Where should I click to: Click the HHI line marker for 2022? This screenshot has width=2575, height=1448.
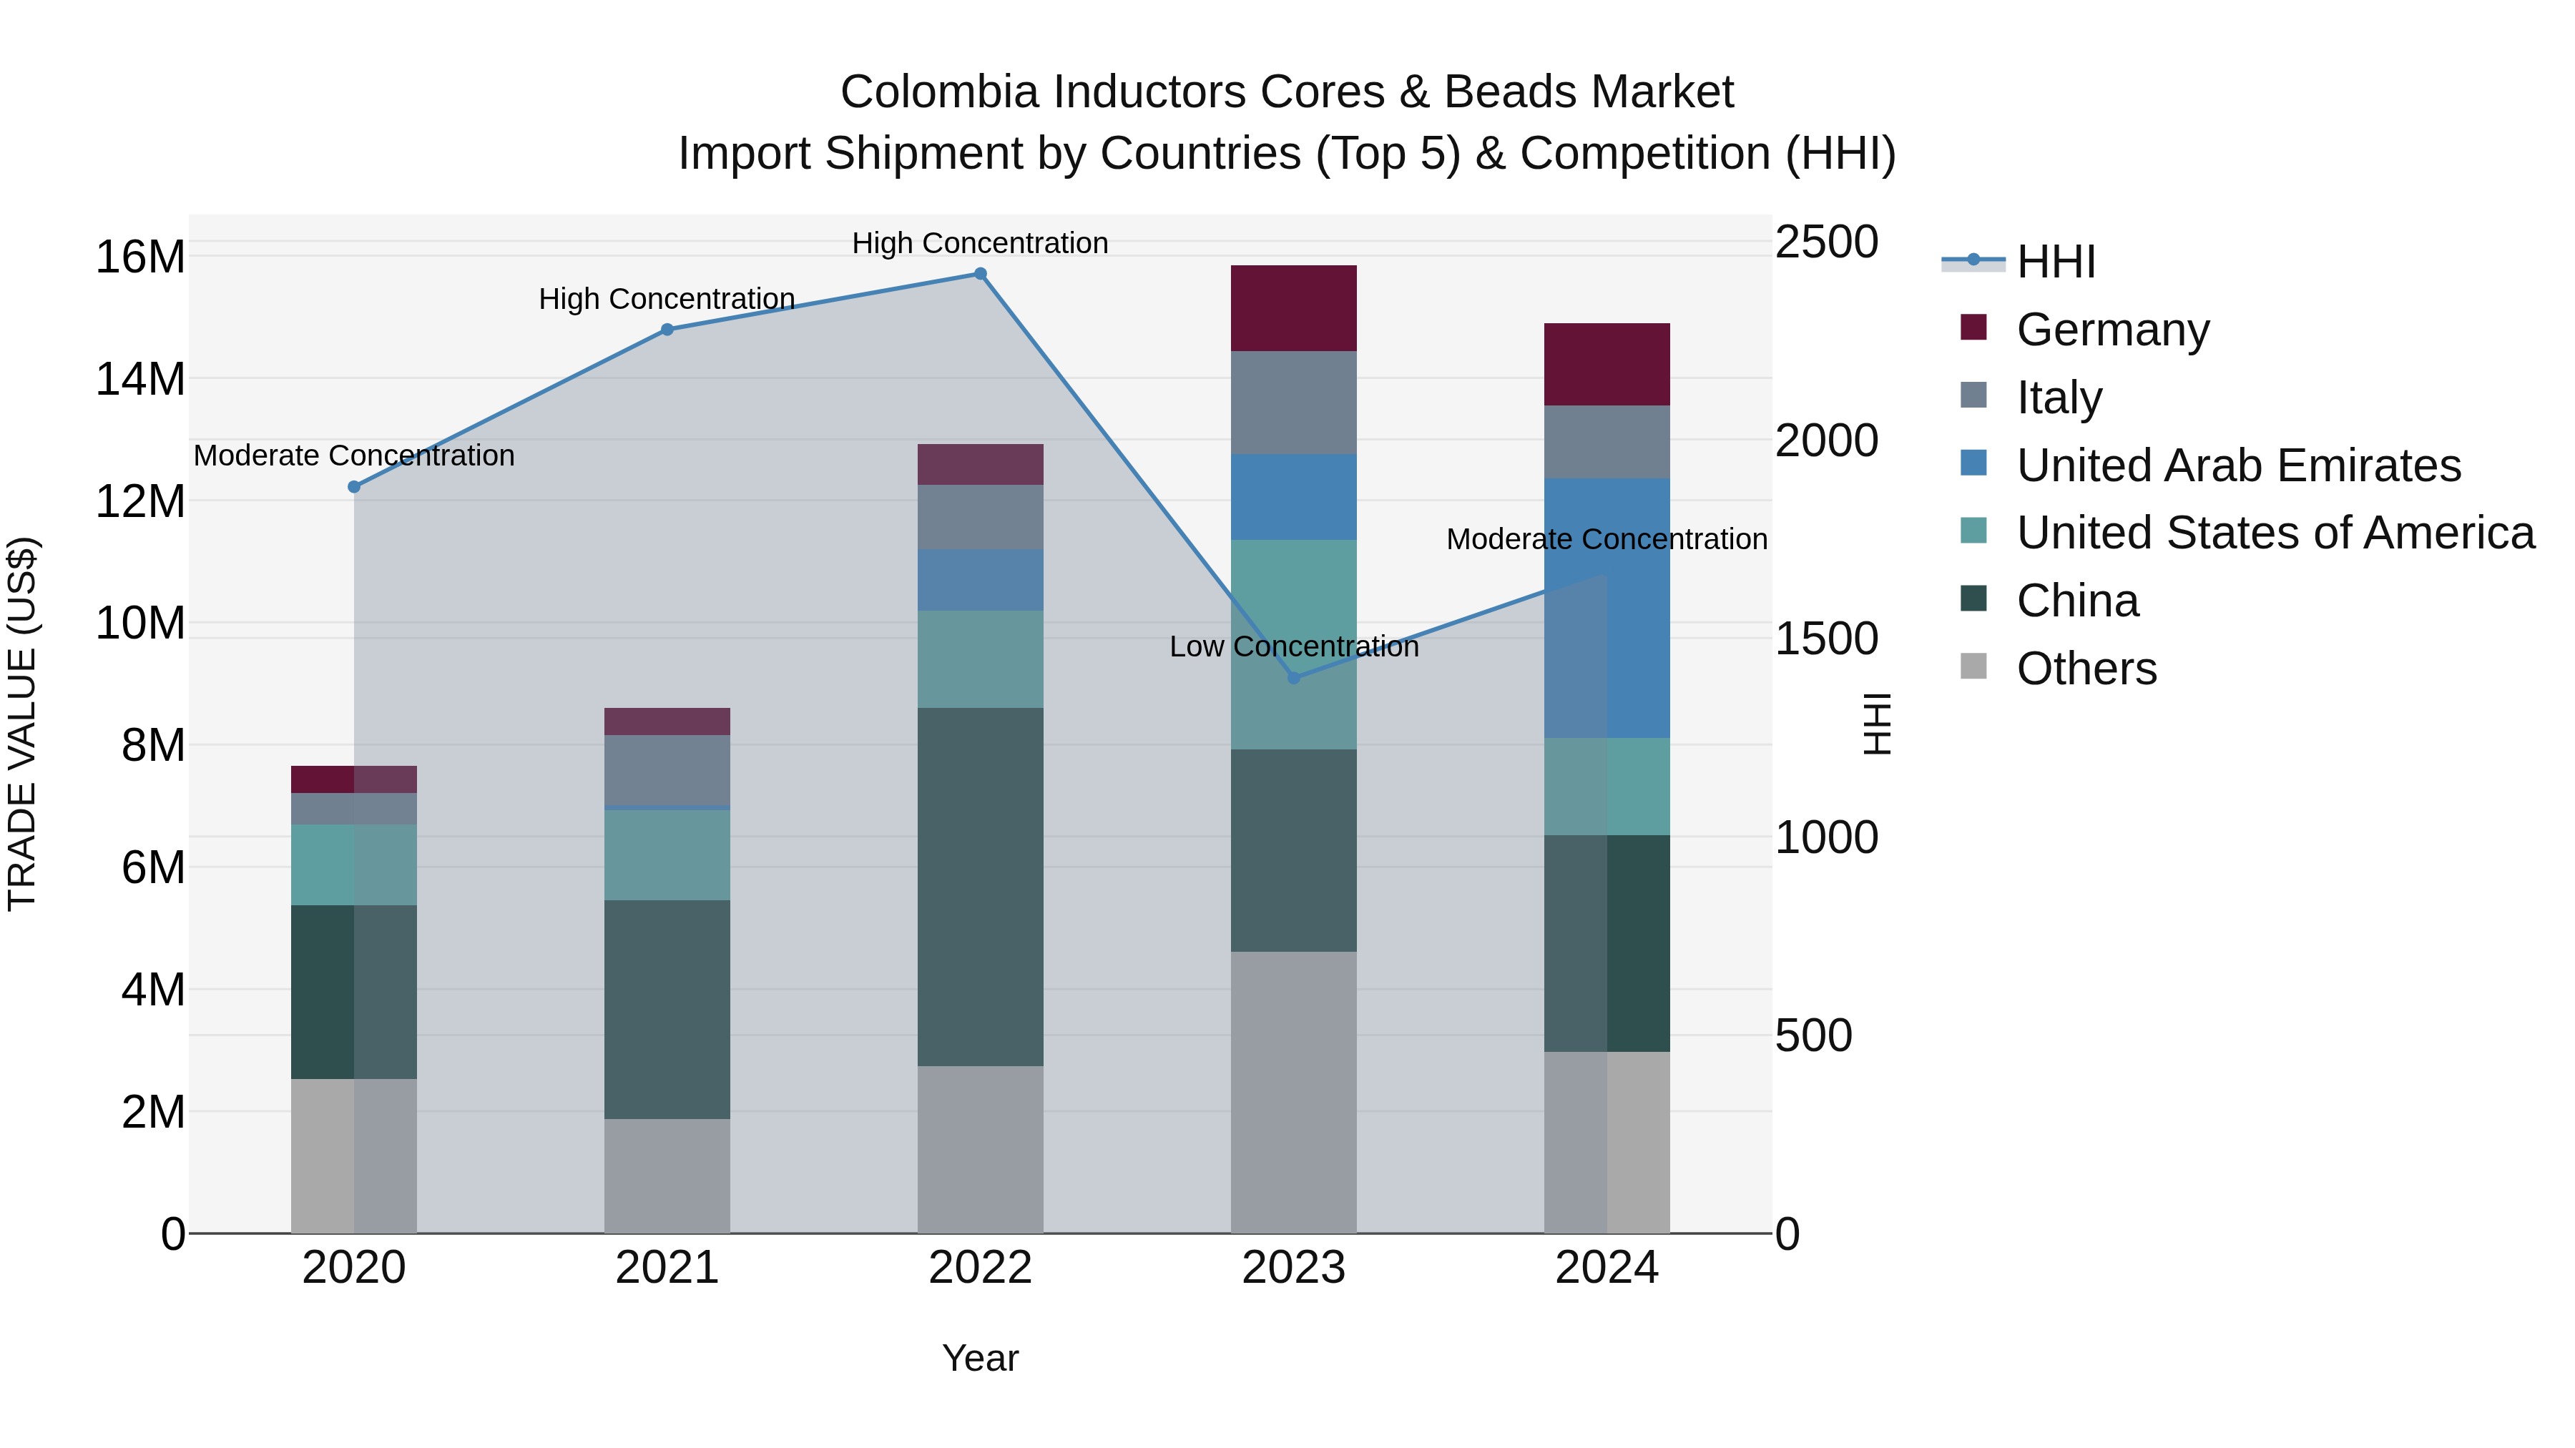pos(980,274)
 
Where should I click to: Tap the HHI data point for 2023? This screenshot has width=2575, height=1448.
pos(1293,678)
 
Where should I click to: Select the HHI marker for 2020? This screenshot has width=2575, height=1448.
pos(354,487)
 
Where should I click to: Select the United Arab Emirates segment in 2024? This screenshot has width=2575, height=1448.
pos(1607,608)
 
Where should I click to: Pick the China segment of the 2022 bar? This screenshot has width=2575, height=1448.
pos(980,887)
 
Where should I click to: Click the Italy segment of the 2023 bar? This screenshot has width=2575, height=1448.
pos(1293,402)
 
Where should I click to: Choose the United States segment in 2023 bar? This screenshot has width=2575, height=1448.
pos(1293,644)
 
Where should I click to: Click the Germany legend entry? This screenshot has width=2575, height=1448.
pos(2112,330)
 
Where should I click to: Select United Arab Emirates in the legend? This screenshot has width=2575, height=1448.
pos(2238,466)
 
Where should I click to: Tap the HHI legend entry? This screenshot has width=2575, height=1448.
pos(2055,262)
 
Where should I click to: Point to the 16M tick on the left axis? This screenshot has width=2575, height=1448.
pos(140,257)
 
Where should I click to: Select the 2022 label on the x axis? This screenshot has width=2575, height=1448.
pos(980,1268)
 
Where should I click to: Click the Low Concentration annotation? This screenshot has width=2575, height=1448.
pos(1293,646)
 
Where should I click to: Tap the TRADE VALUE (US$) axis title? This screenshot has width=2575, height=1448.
pos(22,724)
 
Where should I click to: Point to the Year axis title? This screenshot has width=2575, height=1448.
pos(980,1358)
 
